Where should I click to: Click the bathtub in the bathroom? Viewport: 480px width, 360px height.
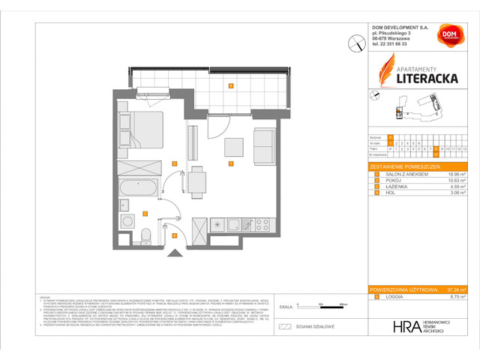click(139, 187)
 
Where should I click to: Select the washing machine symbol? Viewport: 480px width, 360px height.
click(124, 205)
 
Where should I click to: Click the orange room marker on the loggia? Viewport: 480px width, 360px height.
click(231, 86)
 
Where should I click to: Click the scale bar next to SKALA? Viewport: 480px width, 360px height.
click(320, 307)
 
